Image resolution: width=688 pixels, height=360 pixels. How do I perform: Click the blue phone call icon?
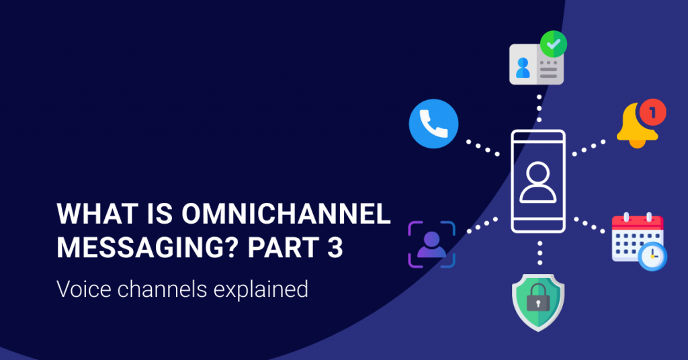tap(433, 124)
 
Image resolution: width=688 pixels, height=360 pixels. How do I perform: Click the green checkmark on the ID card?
tap(554, 45)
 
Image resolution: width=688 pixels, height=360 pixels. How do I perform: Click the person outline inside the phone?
tap(538, 182)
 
